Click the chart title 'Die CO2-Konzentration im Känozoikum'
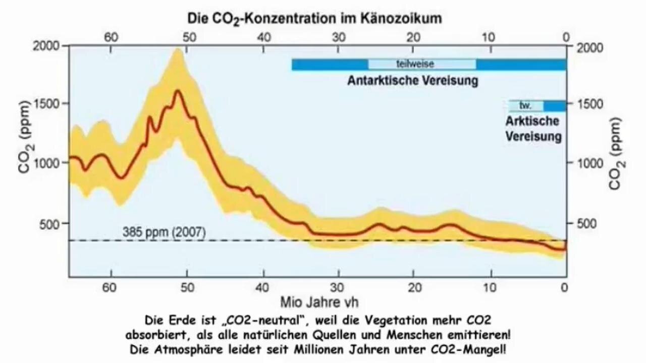(315, 19)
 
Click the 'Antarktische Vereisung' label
(412, 81)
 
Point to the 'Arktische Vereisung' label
(532, 129)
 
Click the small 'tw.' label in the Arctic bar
(526, 106)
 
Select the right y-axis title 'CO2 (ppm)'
(615, 154)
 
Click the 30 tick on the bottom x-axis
(338, 287)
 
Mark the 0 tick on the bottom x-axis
(565, 287)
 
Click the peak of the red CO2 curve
(177, 91)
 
